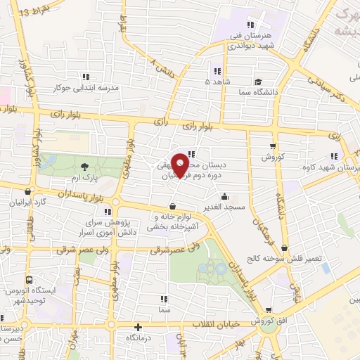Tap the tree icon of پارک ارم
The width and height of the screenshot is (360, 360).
pyautogui.click(x=84, y=167)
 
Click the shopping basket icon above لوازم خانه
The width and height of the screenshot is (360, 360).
pyautogui.click(x=173, y=206)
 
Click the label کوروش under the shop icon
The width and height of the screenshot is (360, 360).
pyautogui.click(x=272, y=157)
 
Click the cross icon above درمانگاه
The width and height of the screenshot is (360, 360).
pyautogui.click(x=139, y=327)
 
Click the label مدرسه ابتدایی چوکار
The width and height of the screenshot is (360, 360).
pyautogui.click(x=85, y=88)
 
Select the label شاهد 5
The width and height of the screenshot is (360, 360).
pyautogui.click(x=216, y=82)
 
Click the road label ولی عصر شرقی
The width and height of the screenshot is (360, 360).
pyautogui.click(x=188, y=248)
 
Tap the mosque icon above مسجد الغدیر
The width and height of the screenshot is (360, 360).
pyautogui.click(x=224, y=195)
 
